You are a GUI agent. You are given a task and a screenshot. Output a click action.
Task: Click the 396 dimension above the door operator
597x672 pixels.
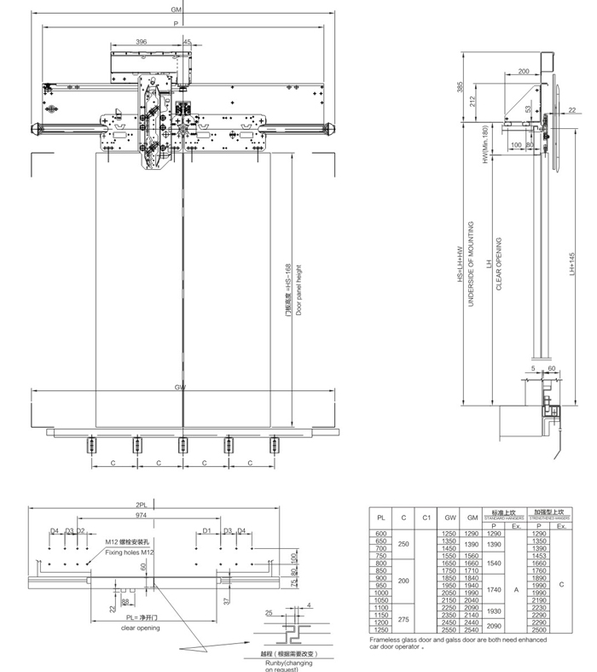tap(141, 41)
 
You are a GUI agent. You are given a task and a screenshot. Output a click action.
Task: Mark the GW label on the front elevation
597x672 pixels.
tap(180, 388)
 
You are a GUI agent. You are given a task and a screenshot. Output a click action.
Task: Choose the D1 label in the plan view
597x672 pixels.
tap(207, 531)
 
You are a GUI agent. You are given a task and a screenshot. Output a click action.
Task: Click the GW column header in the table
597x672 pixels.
tap(449, 517)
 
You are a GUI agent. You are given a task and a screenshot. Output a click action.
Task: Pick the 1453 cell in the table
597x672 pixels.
tap(538, 555)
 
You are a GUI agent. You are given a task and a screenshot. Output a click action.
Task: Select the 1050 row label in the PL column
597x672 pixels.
tap(381, 600)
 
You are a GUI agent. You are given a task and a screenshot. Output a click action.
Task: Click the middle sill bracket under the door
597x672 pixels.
tap(182, 446)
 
